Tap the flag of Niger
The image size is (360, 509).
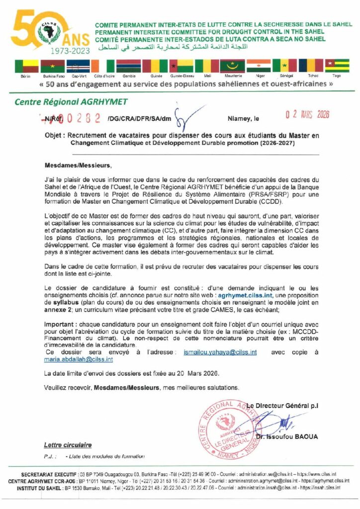(259, 66)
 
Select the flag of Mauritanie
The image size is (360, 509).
(232, 66)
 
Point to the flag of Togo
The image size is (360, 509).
(337, 66)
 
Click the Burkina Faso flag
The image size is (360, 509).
(53, 66)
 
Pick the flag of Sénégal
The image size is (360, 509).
(284, 66)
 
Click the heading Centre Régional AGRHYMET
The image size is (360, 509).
(71, 102)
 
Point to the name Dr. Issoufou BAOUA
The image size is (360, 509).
(287, 437)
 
